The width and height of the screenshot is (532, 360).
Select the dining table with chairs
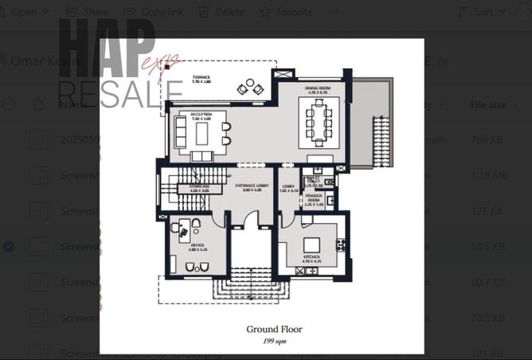tap(319, 123)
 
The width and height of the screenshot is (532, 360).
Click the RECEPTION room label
tap(201, 116)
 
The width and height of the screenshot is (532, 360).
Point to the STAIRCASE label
tap(199, 188)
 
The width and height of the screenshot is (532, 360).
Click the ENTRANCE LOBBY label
tap(252, 188)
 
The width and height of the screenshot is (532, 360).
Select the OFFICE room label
tap(197, 247)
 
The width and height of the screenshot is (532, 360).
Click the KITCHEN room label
tap(311, 258)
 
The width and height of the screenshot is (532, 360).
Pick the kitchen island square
tap(311, 244)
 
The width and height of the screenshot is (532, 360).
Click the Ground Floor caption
tap(262, 328)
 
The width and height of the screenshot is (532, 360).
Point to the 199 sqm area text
tap(262, 340)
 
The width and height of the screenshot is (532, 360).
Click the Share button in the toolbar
tap(88, 12)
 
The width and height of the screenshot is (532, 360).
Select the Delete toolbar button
tap(222, 12)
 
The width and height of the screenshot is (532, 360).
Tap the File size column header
tap(488, 105)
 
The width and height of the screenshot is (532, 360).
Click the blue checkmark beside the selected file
tap(9, 247)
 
